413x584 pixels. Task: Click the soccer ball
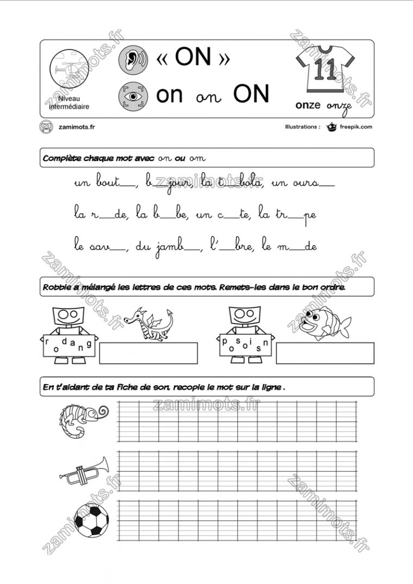pyautogui.click(x=91, y=519)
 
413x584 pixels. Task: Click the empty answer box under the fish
pyautogui.click(x=325, y=353)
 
